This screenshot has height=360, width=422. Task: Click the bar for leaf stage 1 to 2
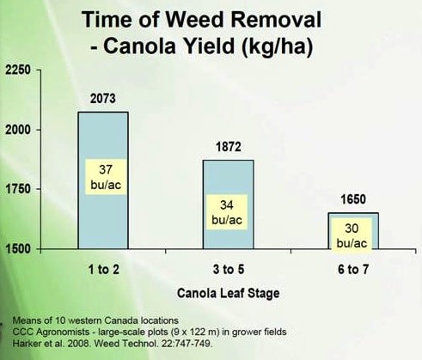[x=103, y=180]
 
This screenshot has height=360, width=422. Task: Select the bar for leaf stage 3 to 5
[x=229, y=204]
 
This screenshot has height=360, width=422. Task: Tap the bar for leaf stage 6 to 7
[x=353, y=231]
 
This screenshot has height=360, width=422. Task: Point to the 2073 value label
[x=103, y=99]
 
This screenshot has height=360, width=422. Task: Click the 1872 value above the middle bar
[x=229, y=147]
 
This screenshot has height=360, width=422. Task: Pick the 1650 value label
[x=353, y=199]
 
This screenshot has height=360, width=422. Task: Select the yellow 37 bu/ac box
[x=106, y=177]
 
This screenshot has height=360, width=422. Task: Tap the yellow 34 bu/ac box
[x=227, y=212]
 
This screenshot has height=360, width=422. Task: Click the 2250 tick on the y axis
[x=18, y=70]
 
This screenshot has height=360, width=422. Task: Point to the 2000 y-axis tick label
[x=18, y=130]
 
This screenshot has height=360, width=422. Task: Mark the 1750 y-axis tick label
[x=18, y=189]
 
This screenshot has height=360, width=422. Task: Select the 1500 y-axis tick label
[x=18, y=248]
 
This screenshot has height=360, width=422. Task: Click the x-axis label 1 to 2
[x=103, y=270]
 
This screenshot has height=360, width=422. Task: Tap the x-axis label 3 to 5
[x=229, y=270]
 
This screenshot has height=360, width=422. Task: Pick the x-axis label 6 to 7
[x=353, y=270]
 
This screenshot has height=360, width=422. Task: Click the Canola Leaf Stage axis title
[x=229, y=293]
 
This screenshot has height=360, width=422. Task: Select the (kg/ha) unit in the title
[x=277, y=46]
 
